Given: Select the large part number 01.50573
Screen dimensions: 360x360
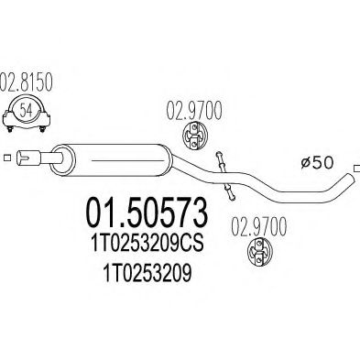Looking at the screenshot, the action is pyautogui.click(x=147, y=218).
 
